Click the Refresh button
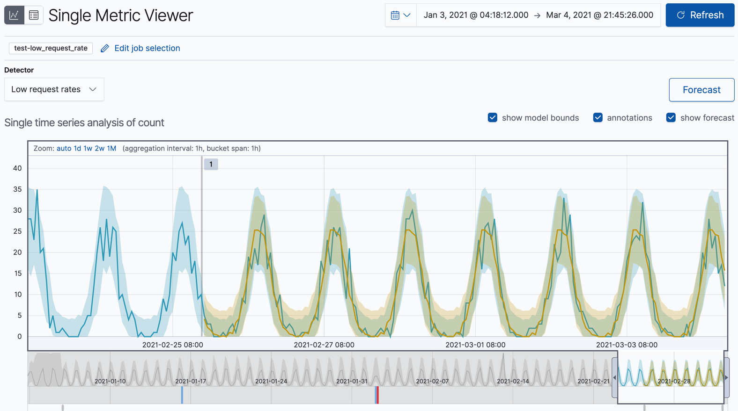pyautogui.click(x=700, y=15)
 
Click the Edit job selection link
pyautogui.click(x=147, y=48)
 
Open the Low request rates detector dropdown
pyautogui.click(x=54, y=89)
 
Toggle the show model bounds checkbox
pyautogui.click(x=492, y=118)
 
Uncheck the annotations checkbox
pyautogui.click(x=598, y=118)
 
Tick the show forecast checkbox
pyautogui.click(x=671, y=118)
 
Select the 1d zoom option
pyautogui.click(x=77, y=148)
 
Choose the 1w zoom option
pyautogui.click(x=88, y=148)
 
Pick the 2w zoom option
pyautogui.click(x=99, y=148)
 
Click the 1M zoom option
pyautogui.click(x=111, y=148)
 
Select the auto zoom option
pyautogui.click(x=64, y=148)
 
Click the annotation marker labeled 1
pyautogui.click(x=211, y=164)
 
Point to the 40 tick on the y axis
pyautogui.click(x=17, y=168)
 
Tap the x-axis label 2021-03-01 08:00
pyautogui.click(x=475, y=345)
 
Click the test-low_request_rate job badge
pyautogui.click(x=51, y=48)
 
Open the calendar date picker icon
pyautogui.click(x=400, y=15)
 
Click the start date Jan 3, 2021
pyautogui.click(x=476, y=15)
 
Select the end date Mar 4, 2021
pyautogui.click(x=599, y=15)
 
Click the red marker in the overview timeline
pyautogui.click(x=377, y=395)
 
